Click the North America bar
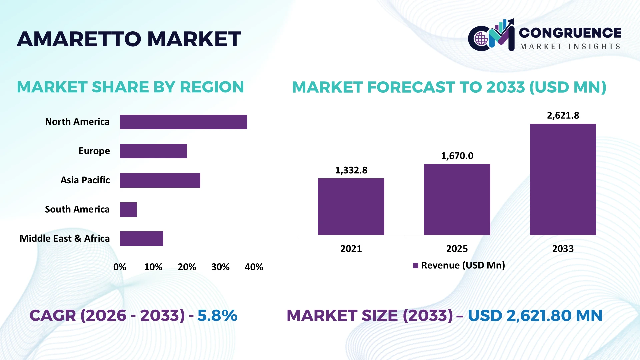(x=184, y=122)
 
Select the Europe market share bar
(x=153, y=151)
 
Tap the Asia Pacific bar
(x=160, y=180)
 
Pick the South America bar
(x=128, y=210)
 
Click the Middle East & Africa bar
(x=142, y=239)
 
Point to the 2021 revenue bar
(x=351, y=207)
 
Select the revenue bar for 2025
(x=457, y=199)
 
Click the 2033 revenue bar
(x=563, y=179)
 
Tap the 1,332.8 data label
(x=351, y=170)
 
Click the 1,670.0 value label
(x=457, y=156)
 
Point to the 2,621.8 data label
(x=563, y=115)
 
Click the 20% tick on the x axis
(x=187, y=267)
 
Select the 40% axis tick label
(x=254, y=267)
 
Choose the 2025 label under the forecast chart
(x=457, y=249)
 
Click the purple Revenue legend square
(x=415, y=265)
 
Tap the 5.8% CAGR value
(x=217, y=315)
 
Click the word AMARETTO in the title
(x=79, y=39)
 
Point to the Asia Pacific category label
(x=85, y=180)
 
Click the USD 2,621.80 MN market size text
(x=535, y=316)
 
